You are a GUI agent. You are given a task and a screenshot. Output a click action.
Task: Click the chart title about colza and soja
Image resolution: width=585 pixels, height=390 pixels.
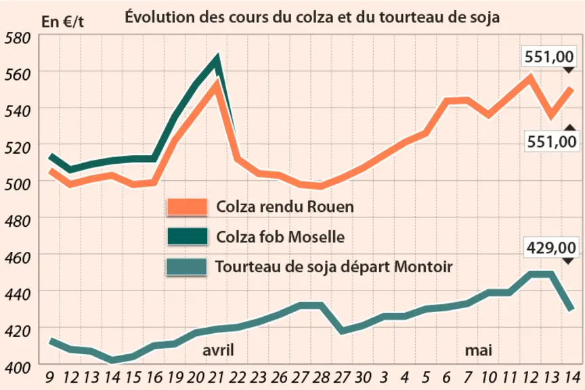tap(312, 17)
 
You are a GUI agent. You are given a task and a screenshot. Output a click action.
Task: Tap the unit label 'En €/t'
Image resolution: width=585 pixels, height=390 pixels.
tap(62, 22)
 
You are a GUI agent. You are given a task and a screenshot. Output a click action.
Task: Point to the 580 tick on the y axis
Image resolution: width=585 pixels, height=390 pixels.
tap(17, 38)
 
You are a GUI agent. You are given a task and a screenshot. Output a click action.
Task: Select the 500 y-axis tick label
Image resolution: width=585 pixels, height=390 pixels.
tap(17, 184)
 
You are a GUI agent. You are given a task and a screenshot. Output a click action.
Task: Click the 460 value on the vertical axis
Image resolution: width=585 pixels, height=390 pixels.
tap(17, 257)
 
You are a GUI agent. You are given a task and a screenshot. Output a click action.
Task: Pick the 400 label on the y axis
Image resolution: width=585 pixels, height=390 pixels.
tap(17, 368)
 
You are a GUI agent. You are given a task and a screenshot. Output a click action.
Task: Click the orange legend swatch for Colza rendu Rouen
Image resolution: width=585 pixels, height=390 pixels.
tap(188, 207)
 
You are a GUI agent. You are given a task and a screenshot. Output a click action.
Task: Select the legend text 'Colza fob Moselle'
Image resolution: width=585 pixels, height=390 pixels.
tap(280, 236)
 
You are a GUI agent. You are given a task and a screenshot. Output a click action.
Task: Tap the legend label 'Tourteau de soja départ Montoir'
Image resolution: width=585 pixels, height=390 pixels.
tap(334, 267)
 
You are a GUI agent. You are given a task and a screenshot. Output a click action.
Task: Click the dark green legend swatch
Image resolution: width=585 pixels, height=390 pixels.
tap(188, 236)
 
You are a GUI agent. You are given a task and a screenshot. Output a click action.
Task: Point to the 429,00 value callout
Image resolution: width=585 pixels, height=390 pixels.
tap(551, 247)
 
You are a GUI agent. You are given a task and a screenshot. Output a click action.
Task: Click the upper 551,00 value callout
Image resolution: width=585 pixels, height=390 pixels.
tap(549, 57)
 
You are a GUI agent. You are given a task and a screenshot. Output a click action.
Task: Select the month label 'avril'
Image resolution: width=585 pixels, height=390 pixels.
tap(218, 350)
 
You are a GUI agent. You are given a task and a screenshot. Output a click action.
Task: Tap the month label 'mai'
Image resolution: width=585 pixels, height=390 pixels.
tap(478, 350)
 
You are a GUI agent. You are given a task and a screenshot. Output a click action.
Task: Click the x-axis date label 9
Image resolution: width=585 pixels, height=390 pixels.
tap(49, 378)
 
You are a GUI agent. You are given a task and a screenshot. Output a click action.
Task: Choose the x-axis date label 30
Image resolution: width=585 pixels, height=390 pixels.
tap(363, 378)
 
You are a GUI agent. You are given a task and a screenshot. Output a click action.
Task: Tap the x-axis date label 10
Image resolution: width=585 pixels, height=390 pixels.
tap(488, 378)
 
